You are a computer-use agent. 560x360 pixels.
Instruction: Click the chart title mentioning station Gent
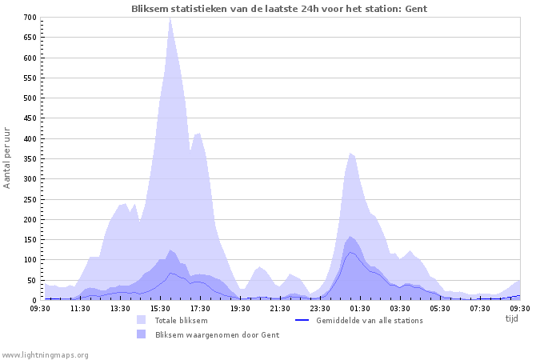[x=279, y=8]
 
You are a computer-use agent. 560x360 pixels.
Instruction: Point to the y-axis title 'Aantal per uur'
[x=7, y=158]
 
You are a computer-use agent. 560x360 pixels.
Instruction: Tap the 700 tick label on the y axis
[x=29, y=18]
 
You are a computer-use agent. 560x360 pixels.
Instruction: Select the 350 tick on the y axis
[x=29, y=158]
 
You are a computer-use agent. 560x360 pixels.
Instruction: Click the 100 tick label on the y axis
[x=29, y=260]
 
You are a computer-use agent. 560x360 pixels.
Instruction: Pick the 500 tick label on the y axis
[x=29, y=98]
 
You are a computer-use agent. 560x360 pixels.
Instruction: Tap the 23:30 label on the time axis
[x=320, y=308]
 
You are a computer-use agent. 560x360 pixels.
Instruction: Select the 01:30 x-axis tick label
[x=360, y=308]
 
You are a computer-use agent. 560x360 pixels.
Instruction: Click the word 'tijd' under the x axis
[x=512, y=318]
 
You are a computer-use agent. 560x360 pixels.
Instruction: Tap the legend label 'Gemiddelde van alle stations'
[x=370, y=320]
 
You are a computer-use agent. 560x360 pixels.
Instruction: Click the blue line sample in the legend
[x=302, y=320]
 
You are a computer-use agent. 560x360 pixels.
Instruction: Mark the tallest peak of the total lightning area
[x=170, y=19]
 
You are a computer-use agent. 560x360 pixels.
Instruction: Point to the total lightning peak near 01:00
[x=350, y=154]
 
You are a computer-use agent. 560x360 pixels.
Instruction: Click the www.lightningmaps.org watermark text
[x=45, y=354]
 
